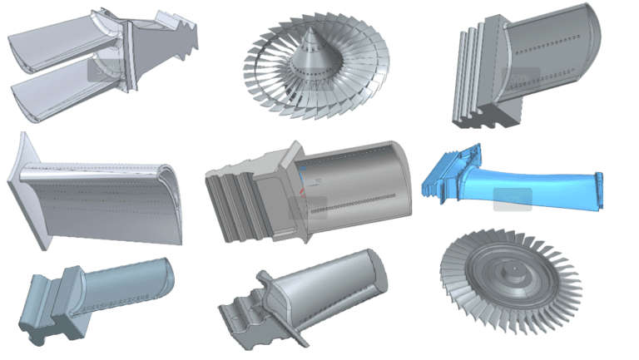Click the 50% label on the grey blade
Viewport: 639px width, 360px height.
tap(520, 78)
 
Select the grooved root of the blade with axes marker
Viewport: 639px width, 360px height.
tap(237, 204)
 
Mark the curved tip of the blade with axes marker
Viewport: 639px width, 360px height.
tap(399, 179)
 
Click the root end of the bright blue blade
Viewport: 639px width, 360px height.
tap(449, 175)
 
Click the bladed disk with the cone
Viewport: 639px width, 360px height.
tap(316, 67)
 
